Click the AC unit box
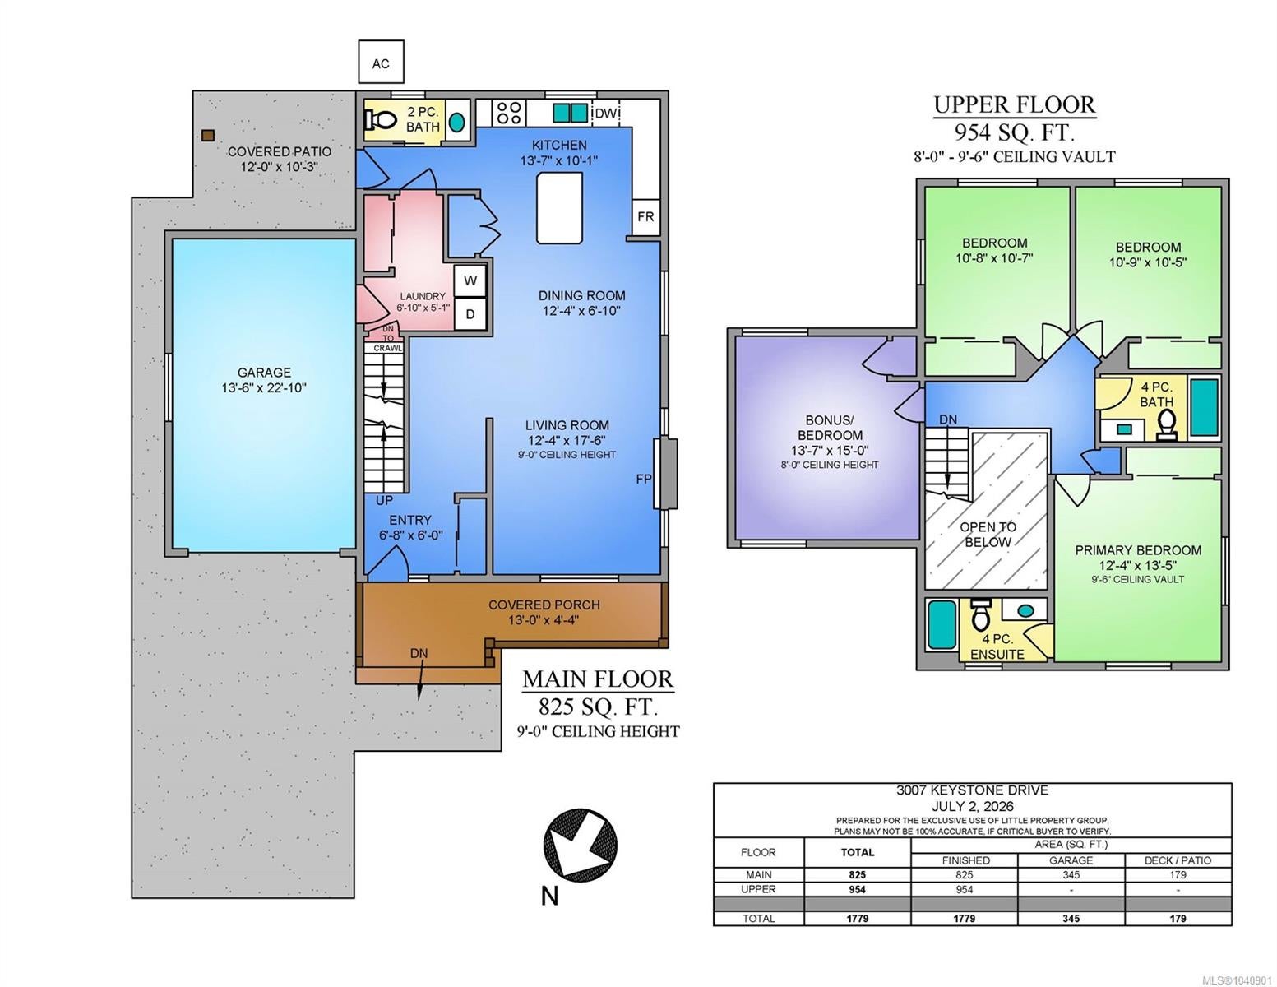coord(381,62)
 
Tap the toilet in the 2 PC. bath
coord(379,121)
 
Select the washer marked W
coord(470,281)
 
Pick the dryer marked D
coord(470,314)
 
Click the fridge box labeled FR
coord(645,217)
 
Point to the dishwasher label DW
coord(605,113)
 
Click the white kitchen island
coord(559,207)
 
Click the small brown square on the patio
coord(207,136)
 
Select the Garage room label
coord(264,380)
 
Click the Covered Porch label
coord(544,612)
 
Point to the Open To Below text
coord(988,535)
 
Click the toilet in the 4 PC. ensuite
coord(979,614)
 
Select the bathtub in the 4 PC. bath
coord(1204,407)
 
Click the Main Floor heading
coord(599,679)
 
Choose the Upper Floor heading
coord(1015,104)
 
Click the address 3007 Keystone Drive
coord(972,790)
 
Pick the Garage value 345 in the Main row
coord(1071,874)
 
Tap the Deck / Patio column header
coord(1178,860)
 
